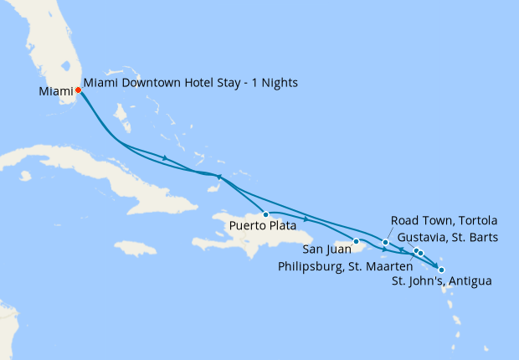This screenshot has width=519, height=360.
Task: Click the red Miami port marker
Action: (78, 90)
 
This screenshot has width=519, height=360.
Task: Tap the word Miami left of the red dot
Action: (54, 90)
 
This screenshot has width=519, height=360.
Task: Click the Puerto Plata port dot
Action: (265, 214)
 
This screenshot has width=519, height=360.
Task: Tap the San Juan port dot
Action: (356, 242)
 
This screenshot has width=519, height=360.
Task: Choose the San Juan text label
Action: (326, 249)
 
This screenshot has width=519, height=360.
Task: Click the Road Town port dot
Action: (385, 243)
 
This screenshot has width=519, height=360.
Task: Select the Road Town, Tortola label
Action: (444, 220)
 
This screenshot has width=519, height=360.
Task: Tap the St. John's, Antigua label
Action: (441, 280)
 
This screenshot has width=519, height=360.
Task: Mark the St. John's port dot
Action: (441, 270)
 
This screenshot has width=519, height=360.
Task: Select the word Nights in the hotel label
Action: (280, 83)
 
